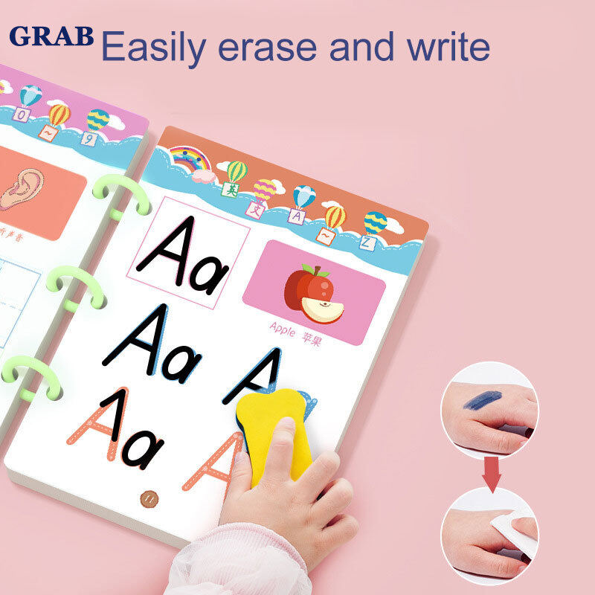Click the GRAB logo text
tap(52, 36)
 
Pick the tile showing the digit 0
tap(22, 115)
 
